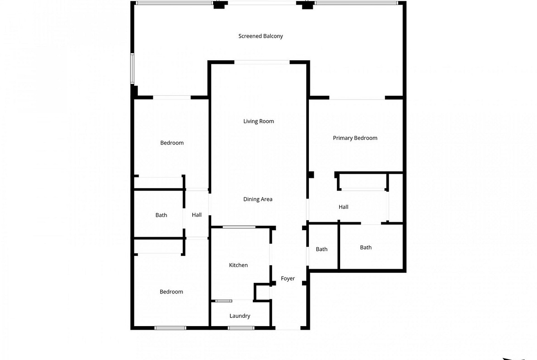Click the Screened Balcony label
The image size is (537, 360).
click(x=261, y=36)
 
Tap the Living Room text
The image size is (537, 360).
click(x=258, y=121)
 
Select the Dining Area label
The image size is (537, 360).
click(x=258, y=199)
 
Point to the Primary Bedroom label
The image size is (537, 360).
click(x=355, y=138)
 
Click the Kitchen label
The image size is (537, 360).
click(x=238, y=265)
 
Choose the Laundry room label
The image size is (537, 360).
click(x=240, y=316)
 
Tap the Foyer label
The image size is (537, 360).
click(x=288, y=278)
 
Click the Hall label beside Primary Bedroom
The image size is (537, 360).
click(x=343, y=207)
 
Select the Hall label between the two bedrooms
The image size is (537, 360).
click(x=196, y=215)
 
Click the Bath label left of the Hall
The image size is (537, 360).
click(x=161, y=215)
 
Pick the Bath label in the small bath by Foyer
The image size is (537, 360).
click(x=322, y=249)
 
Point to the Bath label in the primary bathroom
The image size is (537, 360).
click(x=366, y=248)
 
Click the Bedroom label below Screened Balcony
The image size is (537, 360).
click(x=172, y=143)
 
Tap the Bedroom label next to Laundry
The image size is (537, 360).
click(x=171, y=292)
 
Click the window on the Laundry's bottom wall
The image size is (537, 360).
click(x=241, y=328)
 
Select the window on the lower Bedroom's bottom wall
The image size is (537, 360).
click(x=170, y=328)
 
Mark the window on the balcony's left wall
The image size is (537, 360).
click(x=132, y=68)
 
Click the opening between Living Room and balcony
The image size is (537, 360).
click(x=262, y=62)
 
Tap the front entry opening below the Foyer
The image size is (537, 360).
click(x=288, y=328)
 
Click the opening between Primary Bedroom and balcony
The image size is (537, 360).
click(x=357, y=98)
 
